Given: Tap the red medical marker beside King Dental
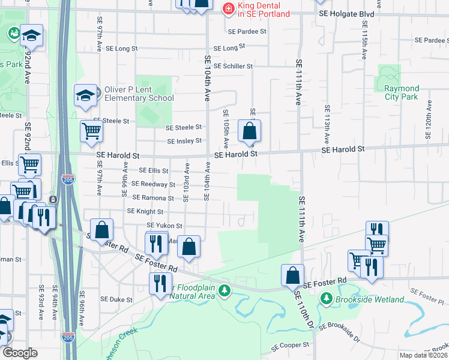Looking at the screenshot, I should coord(228,8).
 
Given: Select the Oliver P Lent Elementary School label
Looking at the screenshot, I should coord(139,94).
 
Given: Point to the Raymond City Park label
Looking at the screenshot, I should coord(401,92).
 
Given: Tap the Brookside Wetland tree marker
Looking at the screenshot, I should coord(326,298).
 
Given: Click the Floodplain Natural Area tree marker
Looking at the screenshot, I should coord(224,290).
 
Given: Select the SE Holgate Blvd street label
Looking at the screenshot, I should coord(346,13).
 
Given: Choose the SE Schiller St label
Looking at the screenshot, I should coord(233,66).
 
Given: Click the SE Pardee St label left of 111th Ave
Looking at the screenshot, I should coord(247,31).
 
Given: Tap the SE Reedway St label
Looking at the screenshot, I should coord(153,184).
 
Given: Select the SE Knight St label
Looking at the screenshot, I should coord(145,211).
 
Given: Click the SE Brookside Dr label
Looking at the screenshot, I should coord(339,333).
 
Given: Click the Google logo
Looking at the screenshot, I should coord(20,353).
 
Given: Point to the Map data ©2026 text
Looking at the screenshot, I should coord(423,355).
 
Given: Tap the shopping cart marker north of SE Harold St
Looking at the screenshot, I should coord(91,131).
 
